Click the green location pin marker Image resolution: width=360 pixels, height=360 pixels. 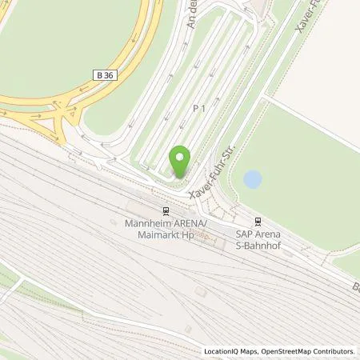(x=181, y=162)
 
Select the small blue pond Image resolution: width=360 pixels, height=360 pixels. (x=252, y=179)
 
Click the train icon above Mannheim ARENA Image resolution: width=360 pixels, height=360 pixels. (x=165, y=211)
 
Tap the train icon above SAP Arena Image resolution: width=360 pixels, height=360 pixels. (x=257, y=221)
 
